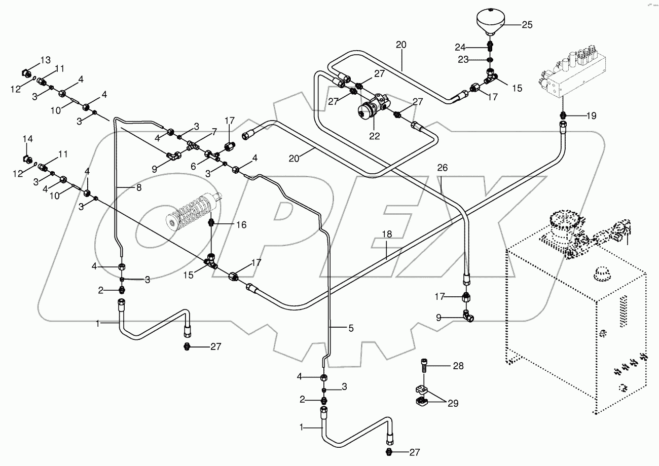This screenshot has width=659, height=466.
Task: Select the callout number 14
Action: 27,138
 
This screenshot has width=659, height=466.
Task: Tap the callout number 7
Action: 214,132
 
